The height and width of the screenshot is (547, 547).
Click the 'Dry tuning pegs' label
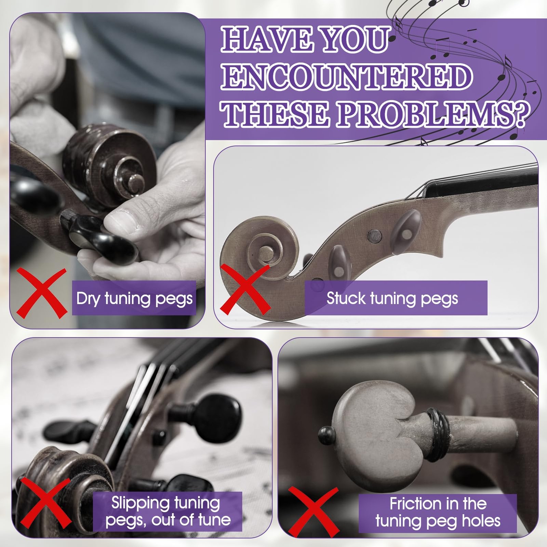coord(134,298)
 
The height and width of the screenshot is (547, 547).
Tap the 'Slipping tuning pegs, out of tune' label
coord(168,512)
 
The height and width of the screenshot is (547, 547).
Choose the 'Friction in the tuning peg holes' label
coord(438,513)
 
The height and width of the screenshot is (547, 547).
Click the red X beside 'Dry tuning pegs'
coord(42,293)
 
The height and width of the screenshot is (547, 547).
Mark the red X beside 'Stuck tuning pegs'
coord(245,289)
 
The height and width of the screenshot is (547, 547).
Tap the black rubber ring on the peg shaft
coord(437,434)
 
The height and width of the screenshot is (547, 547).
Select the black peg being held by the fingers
coord(99,236)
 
